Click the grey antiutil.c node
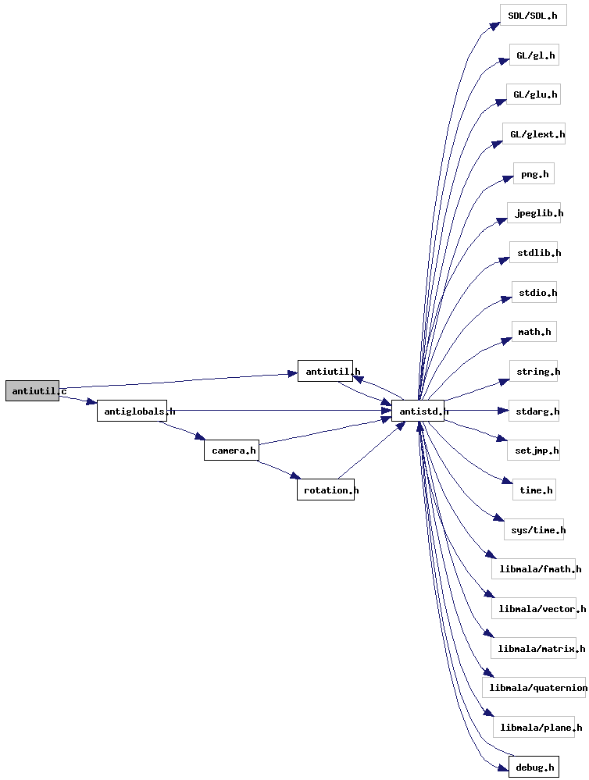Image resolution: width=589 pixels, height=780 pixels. pos(32,391)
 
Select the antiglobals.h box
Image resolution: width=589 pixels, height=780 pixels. pos(132,411)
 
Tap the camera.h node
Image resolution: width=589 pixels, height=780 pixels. pos(231,451)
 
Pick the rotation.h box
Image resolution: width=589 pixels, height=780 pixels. pos(326,490)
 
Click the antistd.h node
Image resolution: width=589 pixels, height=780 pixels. pos(418,411)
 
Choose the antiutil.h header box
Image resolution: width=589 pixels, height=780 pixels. pos(325,371)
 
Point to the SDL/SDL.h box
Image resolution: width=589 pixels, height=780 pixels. pos(534,16)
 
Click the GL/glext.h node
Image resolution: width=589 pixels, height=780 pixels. pos(534,134)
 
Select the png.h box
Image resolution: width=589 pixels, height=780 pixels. pos(534,173)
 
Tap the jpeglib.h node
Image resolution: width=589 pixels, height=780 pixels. pos(534,213)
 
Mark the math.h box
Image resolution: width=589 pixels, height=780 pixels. pos(534,332)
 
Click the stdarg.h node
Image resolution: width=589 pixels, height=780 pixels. pos(534,411)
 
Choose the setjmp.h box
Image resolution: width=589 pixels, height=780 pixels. pos(534,451)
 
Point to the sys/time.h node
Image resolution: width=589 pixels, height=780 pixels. pos(534,530)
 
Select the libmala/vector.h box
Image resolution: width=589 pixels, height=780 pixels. pos(534,609)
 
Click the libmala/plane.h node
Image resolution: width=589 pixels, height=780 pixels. pos(534,727)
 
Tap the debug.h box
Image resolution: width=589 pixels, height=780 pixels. pos(534,767)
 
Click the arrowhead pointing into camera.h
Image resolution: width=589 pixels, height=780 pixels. pos(199,436)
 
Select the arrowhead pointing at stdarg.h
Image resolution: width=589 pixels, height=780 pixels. pos(502,411)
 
